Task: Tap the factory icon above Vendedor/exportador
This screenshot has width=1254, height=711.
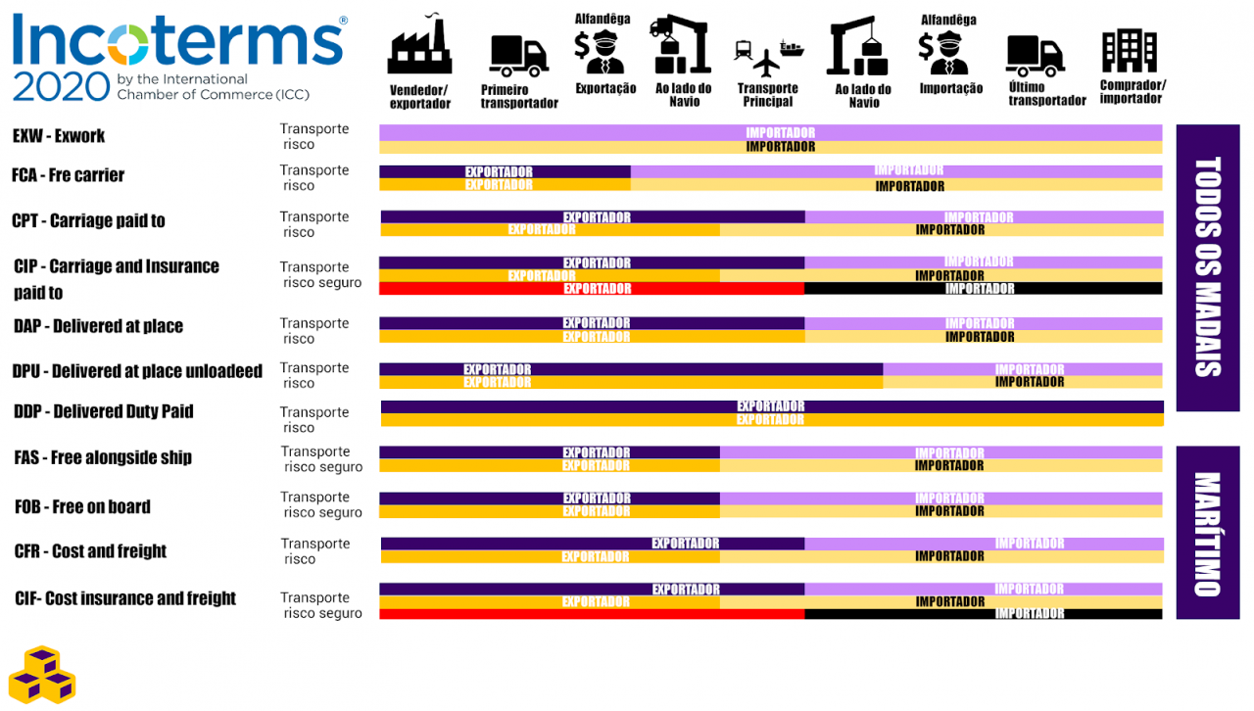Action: pos(419,48)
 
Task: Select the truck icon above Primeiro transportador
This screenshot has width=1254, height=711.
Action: pos(518,56)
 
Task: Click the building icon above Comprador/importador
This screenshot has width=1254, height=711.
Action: pos(1129,50)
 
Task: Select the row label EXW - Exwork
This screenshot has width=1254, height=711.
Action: pos(59,136)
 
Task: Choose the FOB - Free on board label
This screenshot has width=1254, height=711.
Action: pos(82,506)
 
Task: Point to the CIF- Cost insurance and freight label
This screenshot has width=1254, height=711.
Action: pos(125,598)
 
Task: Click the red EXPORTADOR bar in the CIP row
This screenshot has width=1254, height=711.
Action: pos(592,289)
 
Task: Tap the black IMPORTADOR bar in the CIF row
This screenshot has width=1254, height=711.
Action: pos(983,614)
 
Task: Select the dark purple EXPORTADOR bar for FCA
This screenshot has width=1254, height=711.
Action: pos(505,171)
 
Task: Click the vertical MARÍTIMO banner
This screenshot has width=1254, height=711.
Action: pos(1207,534)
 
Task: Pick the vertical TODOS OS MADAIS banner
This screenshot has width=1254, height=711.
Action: pos(1207,266)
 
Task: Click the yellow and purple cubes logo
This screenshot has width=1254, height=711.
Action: pos(42,675)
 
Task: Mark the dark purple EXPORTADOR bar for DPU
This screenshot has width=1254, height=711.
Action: pos(631,369)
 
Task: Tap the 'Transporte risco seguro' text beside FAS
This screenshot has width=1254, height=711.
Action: pos(321,459)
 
